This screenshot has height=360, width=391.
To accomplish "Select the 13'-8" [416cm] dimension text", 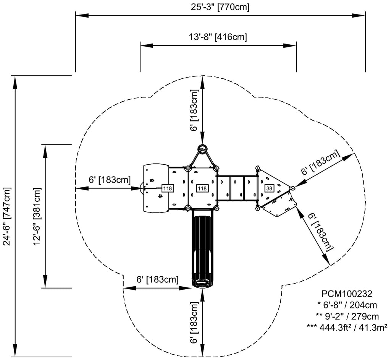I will (218, 37).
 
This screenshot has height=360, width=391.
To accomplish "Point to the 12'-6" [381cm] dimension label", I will (37, 216).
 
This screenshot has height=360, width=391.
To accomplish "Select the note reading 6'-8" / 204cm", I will (347, 305).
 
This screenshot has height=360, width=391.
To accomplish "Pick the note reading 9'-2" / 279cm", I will (347, 316).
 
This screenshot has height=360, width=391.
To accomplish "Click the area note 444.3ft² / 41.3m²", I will (347, 327).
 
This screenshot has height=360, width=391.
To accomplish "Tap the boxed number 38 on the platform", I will (269, 188).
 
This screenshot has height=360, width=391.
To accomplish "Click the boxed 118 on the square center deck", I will (202, 188).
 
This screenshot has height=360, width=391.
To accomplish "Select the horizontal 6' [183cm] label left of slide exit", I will (157, 279).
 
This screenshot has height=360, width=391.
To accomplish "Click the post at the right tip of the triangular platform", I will (292, 188).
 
